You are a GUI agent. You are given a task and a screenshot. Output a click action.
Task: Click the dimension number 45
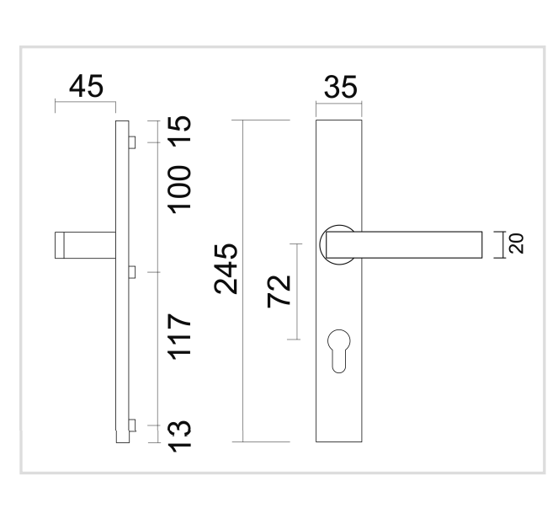pos(88,87)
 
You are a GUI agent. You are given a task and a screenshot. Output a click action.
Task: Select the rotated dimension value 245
pos(226,269)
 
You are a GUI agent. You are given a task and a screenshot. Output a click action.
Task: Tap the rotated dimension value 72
pos(279,292)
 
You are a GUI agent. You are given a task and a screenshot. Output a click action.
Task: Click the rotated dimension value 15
pos(183,131)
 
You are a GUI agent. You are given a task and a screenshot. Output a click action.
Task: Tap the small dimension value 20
pos(517,243)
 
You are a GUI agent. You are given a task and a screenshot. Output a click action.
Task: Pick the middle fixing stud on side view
pos(131,270)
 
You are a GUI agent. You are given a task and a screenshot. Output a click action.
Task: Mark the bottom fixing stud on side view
pos(131,425)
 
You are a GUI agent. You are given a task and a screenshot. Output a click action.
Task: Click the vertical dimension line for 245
pos(242,354)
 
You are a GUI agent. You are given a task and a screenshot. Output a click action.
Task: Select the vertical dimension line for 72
pos(299,320)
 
